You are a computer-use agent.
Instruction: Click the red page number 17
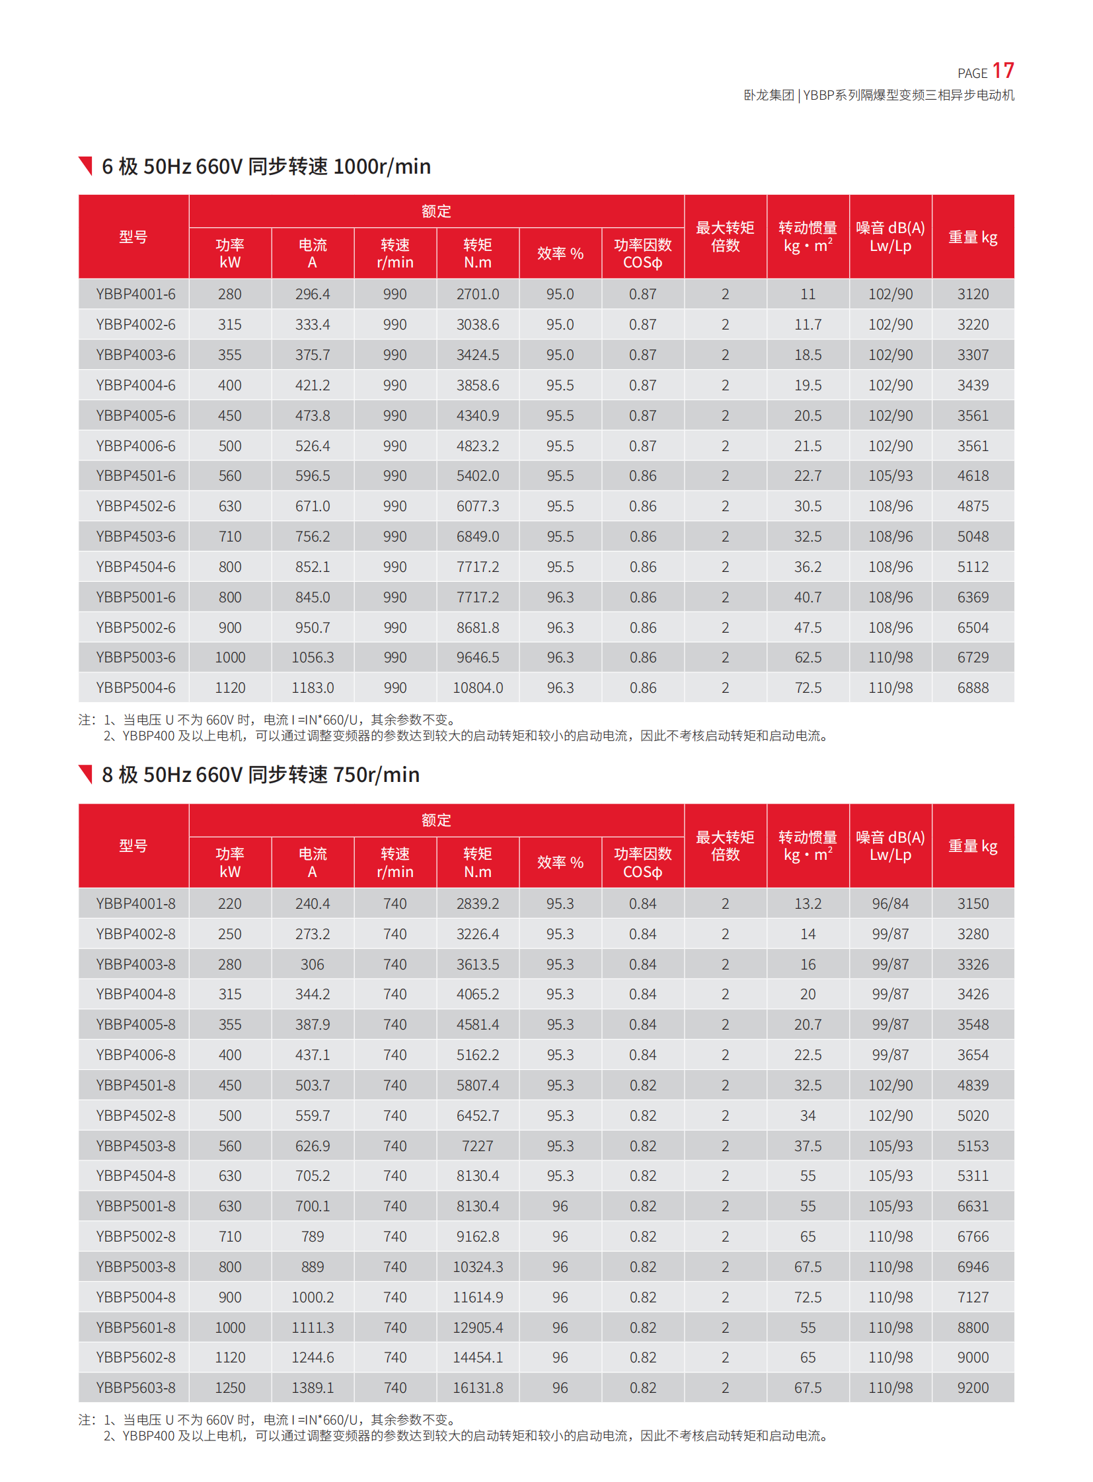[x=1002, y=71]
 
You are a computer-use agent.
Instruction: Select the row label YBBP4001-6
[x=135, y=295]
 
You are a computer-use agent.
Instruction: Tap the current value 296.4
[x=313, y=295]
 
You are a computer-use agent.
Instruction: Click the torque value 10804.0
[x=478, y=688]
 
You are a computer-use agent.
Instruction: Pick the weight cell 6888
[x=973, y=688]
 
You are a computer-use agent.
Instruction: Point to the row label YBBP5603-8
[x=135, y=1388]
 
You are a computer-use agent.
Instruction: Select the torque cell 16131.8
[x=478, y=1388]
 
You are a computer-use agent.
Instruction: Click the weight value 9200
[x=973, y=1388]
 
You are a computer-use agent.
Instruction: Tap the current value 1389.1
[x=313, y=1388]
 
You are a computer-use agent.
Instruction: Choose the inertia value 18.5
[x=808, y=355]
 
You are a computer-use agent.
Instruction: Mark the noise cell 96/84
[x=890, y=903]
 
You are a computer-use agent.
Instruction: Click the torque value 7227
[x=478, y=1146]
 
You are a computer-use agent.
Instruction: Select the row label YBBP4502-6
[x=135, y=506]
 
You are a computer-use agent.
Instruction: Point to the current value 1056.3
[x=313, y=657]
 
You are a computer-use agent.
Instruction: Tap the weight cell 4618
[x=973, y=476]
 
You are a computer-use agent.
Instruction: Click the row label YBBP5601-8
[x=135, y=1327]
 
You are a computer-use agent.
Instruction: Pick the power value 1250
[x=229, y=1388]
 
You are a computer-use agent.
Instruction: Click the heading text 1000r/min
[x=382, y=166]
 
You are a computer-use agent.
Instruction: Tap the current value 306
[x=313, y=964]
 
